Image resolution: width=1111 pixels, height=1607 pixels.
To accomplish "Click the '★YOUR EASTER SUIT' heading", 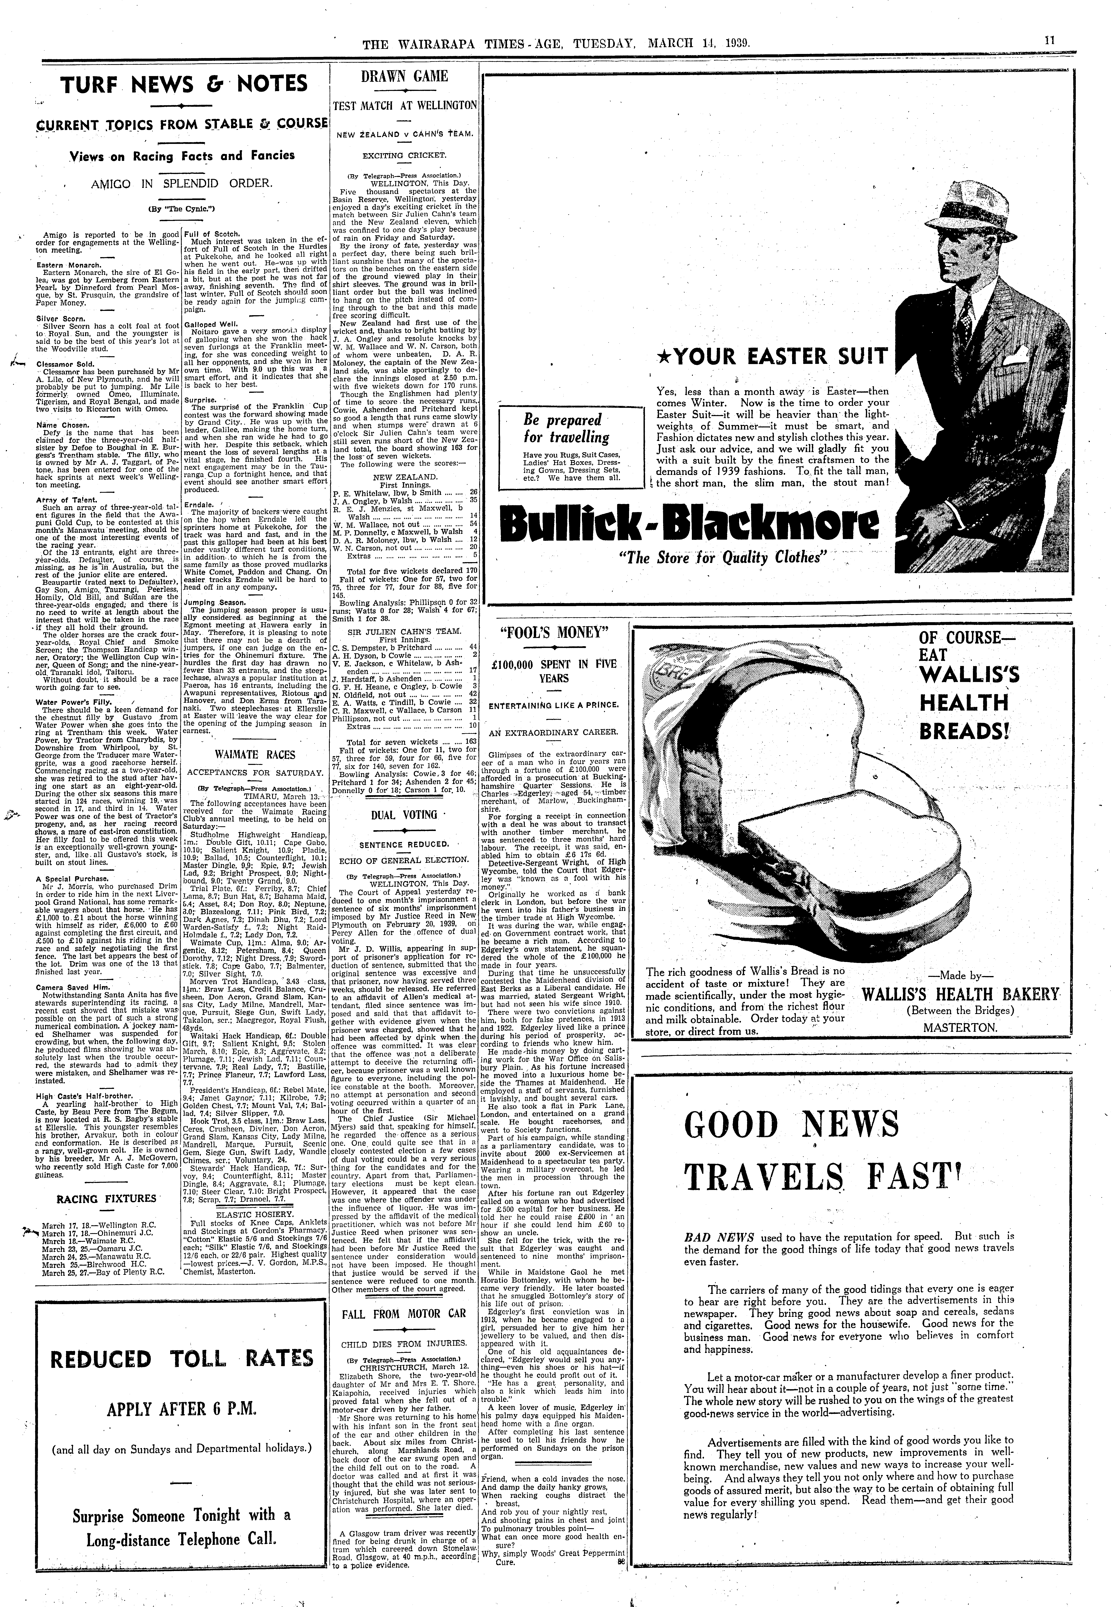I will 773,357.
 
